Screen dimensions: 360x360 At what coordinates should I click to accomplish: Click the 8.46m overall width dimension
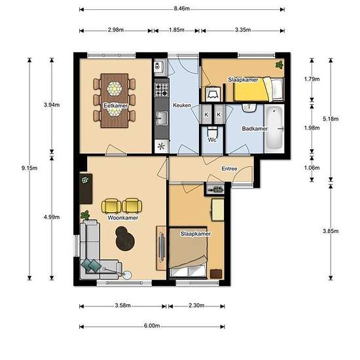pyautogui.click(x=182, y=9)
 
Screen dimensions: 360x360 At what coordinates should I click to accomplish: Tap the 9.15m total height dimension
pyautogui.click(x=29, y=168)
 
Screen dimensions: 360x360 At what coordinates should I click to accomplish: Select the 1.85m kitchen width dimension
pyautogui.click(x=177, y=30)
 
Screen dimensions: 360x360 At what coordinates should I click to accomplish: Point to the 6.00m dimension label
pyautogui.click(x=152, y=326)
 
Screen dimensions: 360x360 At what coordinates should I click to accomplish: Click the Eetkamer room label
pyautogui.click(x=115, y=105)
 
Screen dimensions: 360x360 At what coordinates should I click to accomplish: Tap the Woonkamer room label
pyautogui.click(x=123, y=218)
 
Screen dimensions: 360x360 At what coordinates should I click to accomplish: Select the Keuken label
pyautogui.click(x=182, y=105)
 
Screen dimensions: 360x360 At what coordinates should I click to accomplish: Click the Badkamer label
pyautogui.click(x=255, y=128)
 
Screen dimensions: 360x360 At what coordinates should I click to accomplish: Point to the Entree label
pyautogui.click(x=229, y=169)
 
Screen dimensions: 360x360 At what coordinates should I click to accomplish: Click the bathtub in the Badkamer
pyautogui.click(x=274, y=128)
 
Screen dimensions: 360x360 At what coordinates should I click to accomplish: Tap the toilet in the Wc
pyautogui.click(x=212, y=132)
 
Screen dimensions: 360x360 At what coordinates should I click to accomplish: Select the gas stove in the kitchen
pyautogui.click(x=162, y=90)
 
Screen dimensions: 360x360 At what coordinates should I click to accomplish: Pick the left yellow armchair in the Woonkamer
pyautogui.click(x=111, y=206)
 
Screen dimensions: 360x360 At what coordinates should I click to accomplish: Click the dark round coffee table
pyautogui.click(x=125, y=239)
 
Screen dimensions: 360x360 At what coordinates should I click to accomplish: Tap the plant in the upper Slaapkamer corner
pyautogui.click(x=279, y=65)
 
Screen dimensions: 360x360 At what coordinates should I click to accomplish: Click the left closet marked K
pyautogui.click(x=206, y=114)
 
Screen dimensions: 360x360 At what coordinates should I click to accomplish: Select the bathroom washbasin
pyautogui.click(x=249, y=108)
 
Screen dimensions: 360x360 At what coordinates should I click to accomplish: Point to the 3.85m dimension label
pyautogui.click(x=331, y=231)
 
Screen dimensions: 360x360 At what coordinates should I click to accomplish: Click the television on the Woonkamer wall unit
pyautogui.click(x=162, y=247)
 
